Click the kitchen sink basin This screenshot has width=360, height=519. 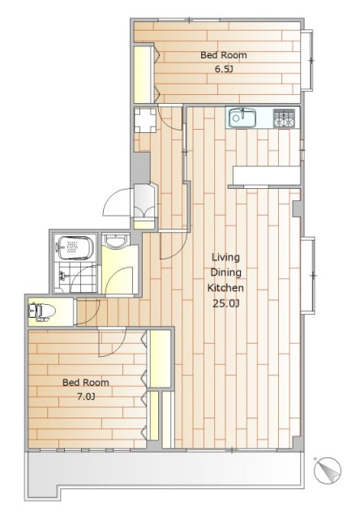pyautogui.click(x=242, y=118)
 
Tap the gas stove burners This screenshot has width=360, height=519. pyautogui.click(x=284, y=118)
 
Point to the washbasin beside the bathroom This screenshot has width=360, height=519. pyautogui.click(x=115, y=240)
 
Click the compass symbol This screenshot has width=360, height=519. pyautogui.click(x=327, y=470)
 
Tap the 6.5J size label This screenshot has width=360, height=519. pyautogui.click(x=224, y=70)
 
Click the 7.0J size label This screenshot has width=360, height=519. pyautogui.click(x=86, y=397)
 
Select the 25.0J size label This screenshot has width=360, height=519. pyautogui.click(x=225, y=303)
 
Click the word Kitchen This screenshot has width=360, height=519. pyautogui.click(x=225, y=288)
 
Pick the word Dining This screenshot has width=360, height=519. pyautogui.click(x=226, y=272)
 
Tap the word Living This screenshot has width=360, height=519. pyautogui.click(x=226, y=257)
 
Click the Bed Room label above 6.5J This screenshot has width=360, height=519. pyautogui.click(x=224, y=55)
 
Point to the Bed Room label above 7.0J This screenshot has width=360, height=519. pyautogui.click(x=86, y=382)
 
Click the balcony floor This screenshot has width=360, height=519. pyautogui.click(x=165, y=469)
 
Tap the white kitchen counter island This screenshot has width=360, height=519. pyautogui.click(x=267, y=175)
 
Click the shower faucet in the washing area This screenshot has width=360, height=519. pyautogui.click(x=62, y=275)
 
